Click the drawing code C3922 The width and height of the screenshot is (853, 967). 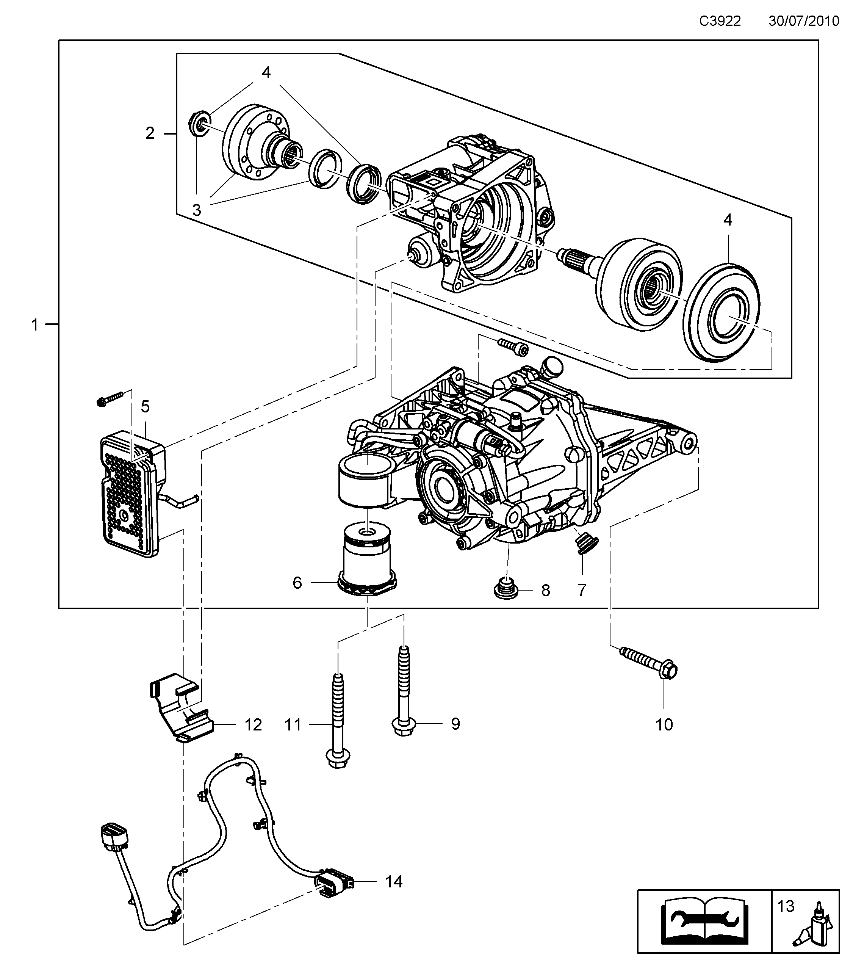coord(720,21)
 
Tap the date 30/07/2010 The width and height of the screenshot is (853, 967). coord(804,21)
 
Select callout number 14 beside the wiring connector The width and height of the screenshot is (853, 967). coord(393,881)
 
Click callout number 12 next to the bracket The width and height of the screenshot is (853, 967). coord(253,724)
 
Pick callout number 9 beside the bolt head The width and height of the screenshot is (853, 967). coord(455,723)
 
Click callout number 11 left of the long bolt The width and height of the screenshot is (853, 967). coord(293,724)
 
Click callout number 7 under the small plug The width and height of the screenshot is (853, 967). coord(582,589)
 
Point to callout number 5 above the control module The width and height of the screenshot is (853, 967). coord(145,406)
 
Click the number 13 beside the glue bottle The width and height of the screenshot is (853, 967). coord(786,906)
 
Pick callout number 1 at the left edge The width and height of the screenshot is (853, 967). coord(34,325)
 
